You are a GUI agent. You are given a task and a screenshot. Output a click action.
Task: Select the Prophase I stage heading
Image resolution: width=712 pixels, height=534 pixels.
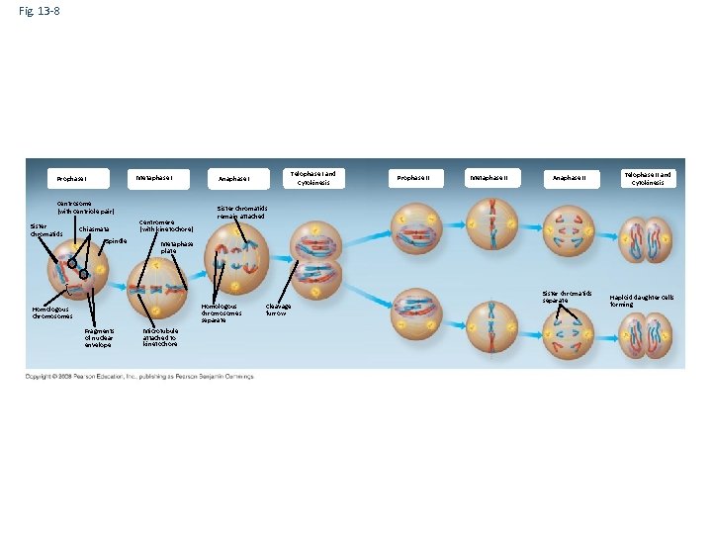tap(71, 179)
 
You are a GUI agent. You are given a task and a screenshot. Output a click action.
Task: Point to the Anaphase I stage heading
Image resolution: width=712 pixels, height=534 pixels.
tap(234, 179)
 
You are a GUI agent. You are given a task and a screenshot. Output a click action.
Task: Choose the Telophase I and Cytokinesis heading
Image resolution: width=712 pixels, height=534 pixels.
tap(312, 178)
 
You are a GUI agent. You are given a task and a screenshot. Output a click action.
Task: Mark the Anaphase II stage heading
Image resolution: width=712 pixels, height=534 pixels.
tap(569, 178)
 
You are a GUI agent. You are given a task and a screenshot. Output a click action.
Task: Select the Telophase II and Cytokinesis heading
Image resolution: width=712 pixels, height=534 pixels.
tap(648, 178)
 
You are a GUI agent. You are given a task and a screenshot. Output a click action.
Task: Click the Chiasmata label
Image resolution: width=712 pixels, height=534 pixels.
tap(95, 229)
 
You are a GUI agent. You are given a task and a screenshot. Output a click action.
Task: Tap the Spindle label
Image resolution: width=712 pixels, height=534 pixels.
tap(116, 240)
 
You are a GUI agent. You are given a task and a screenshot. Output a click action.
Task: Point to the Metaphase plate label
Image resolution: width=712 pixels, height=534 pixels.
tap(176, 246)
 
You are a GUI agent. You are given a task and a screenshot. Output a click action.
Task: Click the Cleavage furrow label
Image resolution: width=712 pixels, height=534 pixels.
tap(277, 310)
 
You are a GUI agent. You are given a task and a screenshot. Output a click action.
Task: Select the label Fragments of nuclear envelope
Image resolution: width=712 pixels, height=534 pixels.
tap(100, 338)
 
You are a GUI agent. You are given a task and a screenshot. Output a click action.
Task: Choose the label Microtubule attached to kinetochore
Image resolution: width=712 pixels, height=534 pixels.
tap(160, 337)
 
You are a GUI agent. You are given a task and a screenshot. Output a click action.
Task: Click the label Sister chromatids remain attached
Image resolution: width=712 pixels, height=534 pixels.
tap(242, 212)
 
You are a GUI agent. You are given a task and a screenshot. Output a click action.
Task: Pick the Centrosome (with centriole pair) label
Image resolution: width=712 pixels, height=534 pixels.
tap(85, 207)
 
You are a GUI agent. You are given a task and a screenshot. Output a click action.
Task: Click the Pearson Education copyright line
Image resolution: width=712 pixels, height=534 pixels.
tap(139, 376)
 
